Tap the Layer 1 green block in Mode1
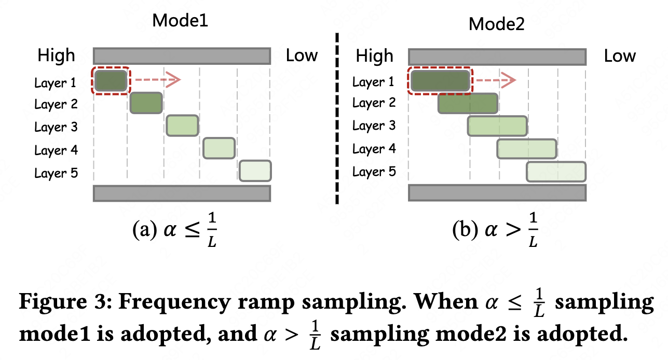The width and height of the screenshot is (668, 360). pos(111,80)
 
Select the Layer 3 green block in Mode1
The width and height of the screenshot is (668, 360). pos(182,126)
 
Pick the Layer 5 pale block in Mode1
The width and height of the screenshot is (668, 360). pos(255,171)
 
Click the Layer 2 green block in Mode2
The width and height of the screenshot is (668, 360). pos(468,104)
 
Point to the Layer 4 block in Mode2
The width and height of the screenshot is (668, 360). pos(527,149)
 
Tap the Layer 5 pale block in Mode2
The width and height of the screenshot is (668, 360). pos(556,172)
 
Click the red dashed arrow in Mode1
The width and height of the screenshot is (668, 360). pos(156,80)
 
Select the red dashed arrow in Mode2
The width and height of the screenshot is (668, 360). pos(496,80)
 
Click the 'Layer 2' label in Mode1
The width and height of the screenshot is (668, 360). pos(56,104)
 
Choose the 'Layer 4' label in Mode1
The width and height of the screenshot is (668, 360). pos(56,150)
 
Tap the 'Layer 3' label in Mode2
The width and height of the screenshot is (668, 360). pos(374,126)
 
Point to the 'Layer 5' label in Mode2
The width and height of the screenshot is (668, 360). pos(374,171)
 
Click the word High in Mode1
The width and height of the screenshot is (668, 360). pos(56,56)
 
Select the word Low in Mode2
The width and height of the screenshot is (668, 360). pos(620,56)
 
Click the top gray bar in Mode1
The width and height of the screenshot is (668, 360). pos(182,56)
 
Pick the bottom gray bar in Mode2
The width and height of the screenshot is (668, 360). pos(497,192)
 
